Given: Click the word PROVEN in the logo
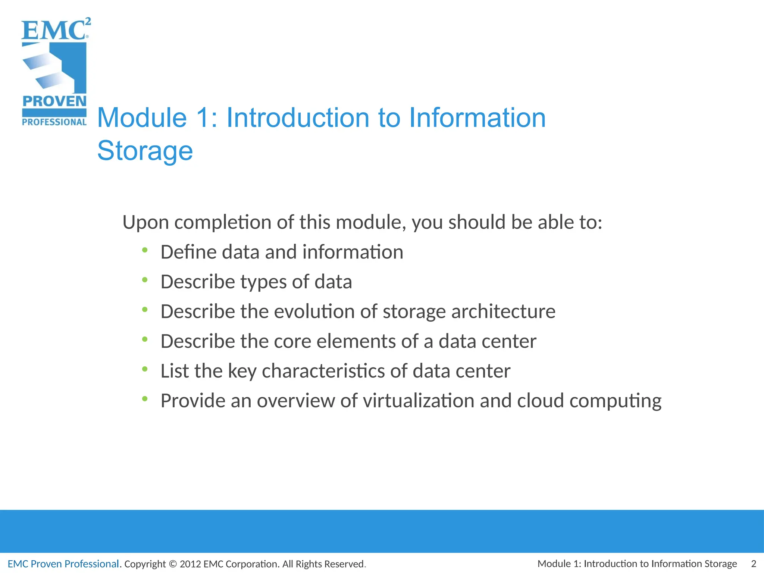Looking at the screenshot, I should [54, 101].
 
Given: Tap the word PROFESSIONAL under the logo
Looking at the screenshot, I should [54, 122].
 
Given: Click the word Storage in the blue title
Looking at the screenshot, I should [145, 151].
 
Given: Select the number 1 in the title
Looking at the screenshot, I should [203, 118].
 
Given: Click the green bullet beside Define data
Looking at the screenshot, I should [145, 250].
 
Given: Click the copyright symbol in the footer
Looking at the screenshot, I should [172, 564].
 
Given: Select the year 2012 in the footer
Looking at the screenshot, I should [190, 564].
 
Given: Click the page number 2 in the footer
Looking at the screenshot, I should [753, 563].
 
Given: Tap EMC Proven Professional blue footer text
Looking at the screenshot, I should [63, 564].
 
